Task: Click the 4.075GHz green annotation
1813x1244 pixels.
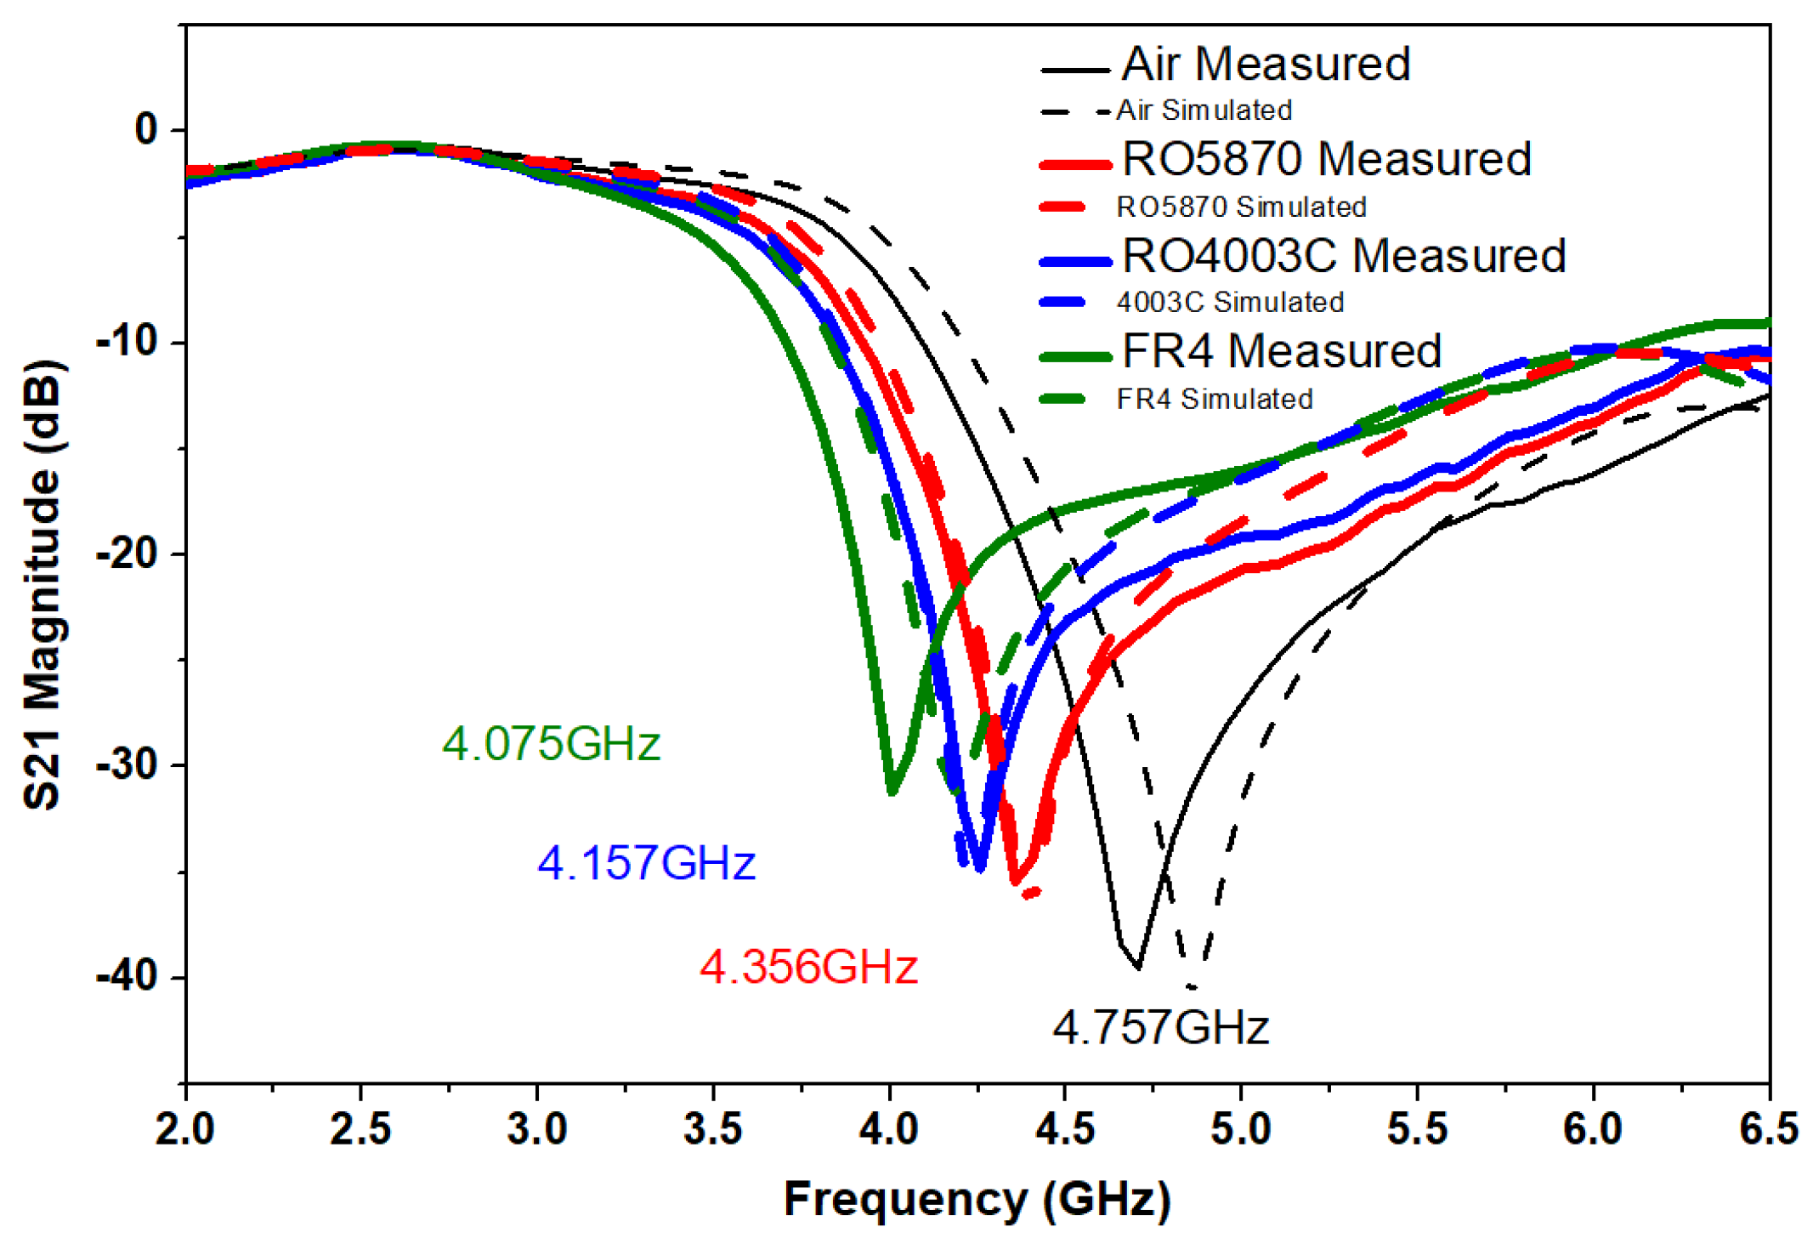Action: coord(551,744)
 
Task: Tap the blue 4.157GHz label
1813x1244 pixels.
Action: coord(646,863)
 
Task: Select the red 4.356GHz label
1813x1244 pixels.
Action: coord(808,968)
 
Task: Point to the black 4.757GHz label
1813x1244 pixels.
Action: coord(1160,1027)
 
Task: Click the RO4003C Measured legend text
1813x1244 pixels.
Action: coord(1343,255)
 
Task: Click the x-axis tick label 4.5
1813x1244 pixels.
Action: coord(1065,1130)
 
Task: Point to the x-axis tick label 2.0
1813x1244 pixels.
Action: coord(185,1130)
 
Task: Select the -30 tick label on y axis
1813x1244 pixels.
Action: coord(127,764)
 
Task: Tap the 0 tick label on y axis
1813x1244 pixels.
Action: coord(146,129)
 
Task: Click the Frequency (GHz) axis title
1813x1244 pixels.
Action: coord(977,1200)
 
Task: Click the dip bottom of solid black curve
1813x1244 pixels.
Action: coord(1138,968)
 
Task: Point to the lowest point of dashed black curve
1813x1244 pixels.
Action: coord(1193,987)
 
